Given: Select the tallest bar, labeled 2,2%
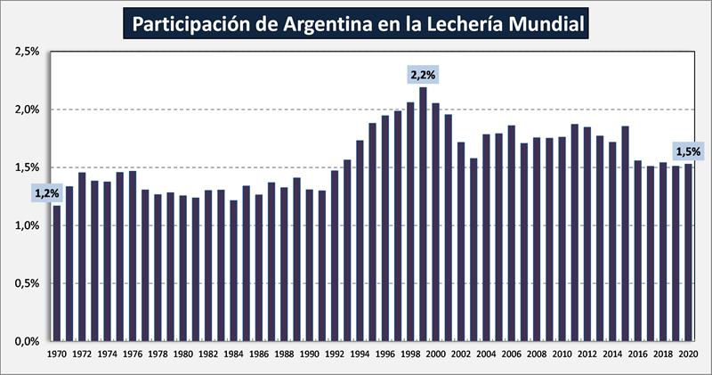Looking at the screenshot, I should (423, 214).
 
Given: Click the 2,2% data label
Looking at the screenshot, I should (423, 73).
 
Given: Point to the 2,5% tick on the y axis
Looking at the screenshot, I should (28, 52).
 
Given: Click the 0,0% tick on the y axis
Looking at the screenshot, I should (28, 341).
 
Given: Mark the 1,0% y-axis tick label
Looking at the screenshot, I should (28, 225).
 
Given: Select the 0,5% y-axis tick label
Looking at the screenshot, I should (28, 283).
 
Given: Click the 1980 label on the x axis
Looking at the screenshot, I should (182, 354).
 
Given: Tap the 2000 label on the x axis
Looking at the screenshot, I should (435, 354).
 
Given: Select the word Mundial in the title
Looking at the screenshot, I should (545, 24).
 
